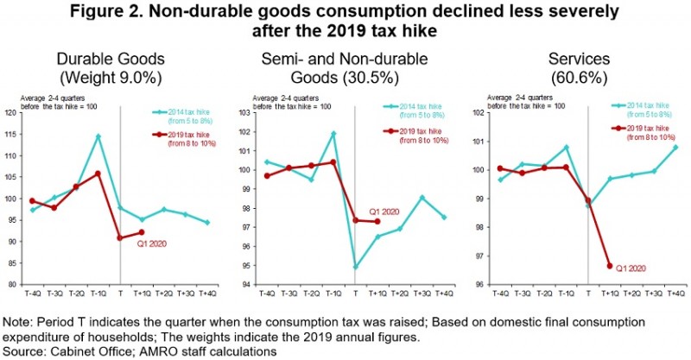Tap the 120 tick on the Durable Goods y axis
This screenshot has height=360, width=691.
click(11, 113)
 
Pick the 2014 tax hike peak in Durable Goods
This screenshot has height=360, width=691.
click(98, 136)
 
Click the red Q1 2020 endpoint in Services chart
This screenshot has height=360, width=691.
click(610, 266)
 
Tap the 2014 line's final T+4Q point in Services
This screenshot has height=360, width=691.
click(675, 147)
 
